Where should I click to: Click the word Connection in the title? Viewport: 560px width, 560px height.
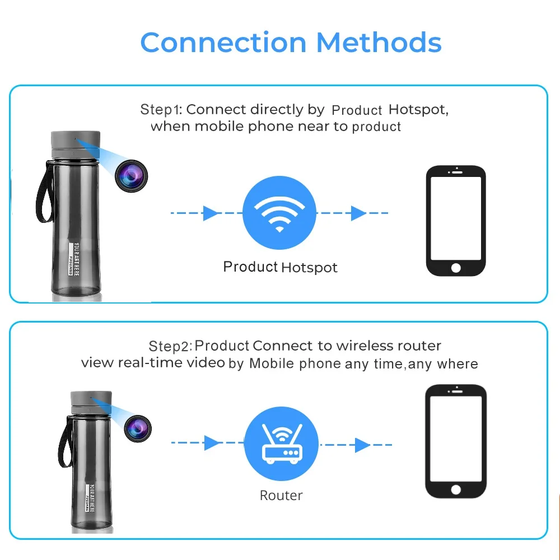click(223, 43)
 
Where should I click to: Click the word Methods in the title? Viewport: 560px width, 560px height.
click(379, 43)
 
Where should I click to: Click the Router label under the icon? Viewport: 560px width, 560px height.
click(281, 496)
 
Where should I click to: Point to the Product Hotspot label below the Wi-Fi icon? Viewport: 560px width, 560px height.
click(280, 267)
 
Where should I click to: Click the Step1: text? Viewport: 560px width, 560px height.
click(161, 110)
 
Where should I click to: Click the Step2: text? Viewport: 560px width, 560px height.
click(170, 346)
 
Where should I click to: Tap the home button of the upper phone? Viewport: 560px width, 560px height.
click(456, 268)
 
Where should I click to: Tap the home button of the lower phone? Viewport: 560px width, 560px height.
click(456, 489)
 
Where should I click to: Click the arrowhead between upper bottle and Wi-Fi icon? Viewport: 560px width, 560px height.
click(211, 213)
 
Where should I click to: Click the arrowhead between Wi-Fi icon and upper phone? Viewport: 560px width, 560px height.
click(358, 213)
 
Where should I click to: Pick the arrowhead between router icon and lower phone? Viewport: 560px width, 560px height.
click(362, 445)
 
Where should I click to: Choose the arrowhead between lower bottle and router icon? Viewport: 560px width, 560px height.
click(212, 443)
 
